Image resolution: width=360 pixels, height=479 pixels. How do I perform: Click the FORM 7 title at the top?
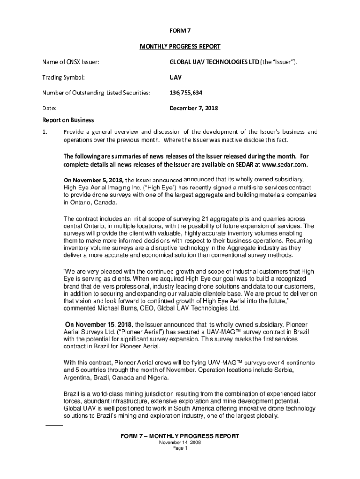pos(180,31)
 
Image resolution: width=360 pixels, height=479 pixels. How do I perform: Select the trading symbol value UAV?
pos(175,77)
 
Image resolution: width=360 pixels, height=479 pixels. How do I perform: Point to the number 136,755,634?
pos(186,93)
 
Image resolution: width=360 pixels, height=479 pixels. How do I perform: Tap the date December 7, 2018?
pos(193,108)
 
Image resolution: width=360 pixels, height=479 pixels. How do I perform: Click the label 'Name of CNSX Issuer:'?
pos(70,62)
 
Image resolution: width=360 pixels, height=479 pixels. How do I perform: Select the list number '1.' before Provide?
pos(45,131)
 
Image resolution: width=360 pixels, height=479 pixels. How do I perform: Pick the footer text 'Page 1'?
pos(180,448)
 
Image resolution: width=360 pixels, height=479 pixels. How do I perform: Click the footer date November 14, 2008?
pos(180,443)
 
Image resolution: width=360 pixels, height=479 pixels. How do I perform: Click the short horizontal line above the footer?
pos(54,425)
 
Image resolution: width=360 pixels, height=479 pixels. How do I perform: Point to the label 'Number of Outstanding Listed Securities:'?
pos(96,93)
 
